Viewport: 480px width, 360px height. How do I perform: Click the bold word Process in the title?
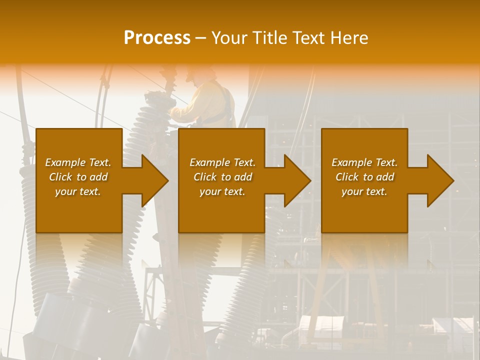(x=157, y=38)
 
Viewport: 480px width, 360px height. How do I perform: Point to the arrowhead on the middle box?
(x=297, y=180)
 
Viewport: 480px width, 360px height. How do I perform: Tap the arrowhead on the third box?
(x=440, y=180)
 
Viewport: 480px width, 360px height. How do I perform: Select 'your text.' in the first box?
(x=78, y=191)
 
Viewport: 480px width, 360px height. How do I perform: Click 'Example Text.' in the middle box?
(x=222, y=162)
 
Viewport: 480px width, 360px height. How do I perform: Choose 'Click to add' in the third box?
(x=365, y=177)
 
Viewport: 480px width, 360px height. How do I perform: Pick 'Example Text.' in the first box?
(x=78, y=162)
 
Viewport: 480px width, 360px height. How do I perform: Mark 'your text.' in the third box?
(x=364, y=191)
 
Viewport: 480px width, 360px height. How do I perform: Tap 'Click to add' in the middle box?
(x=222, y=177)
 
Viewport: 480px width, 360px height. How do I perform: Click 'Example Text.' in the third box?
(x=364, y=162)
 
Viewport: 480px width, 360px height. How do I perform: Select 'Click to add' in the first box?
(x=78, y=177)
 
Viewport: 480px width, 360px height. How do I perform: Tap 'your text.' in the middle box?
(x=222, y=191)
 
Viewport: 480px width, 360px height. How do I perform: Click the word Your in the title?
(x=228, y=38)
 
